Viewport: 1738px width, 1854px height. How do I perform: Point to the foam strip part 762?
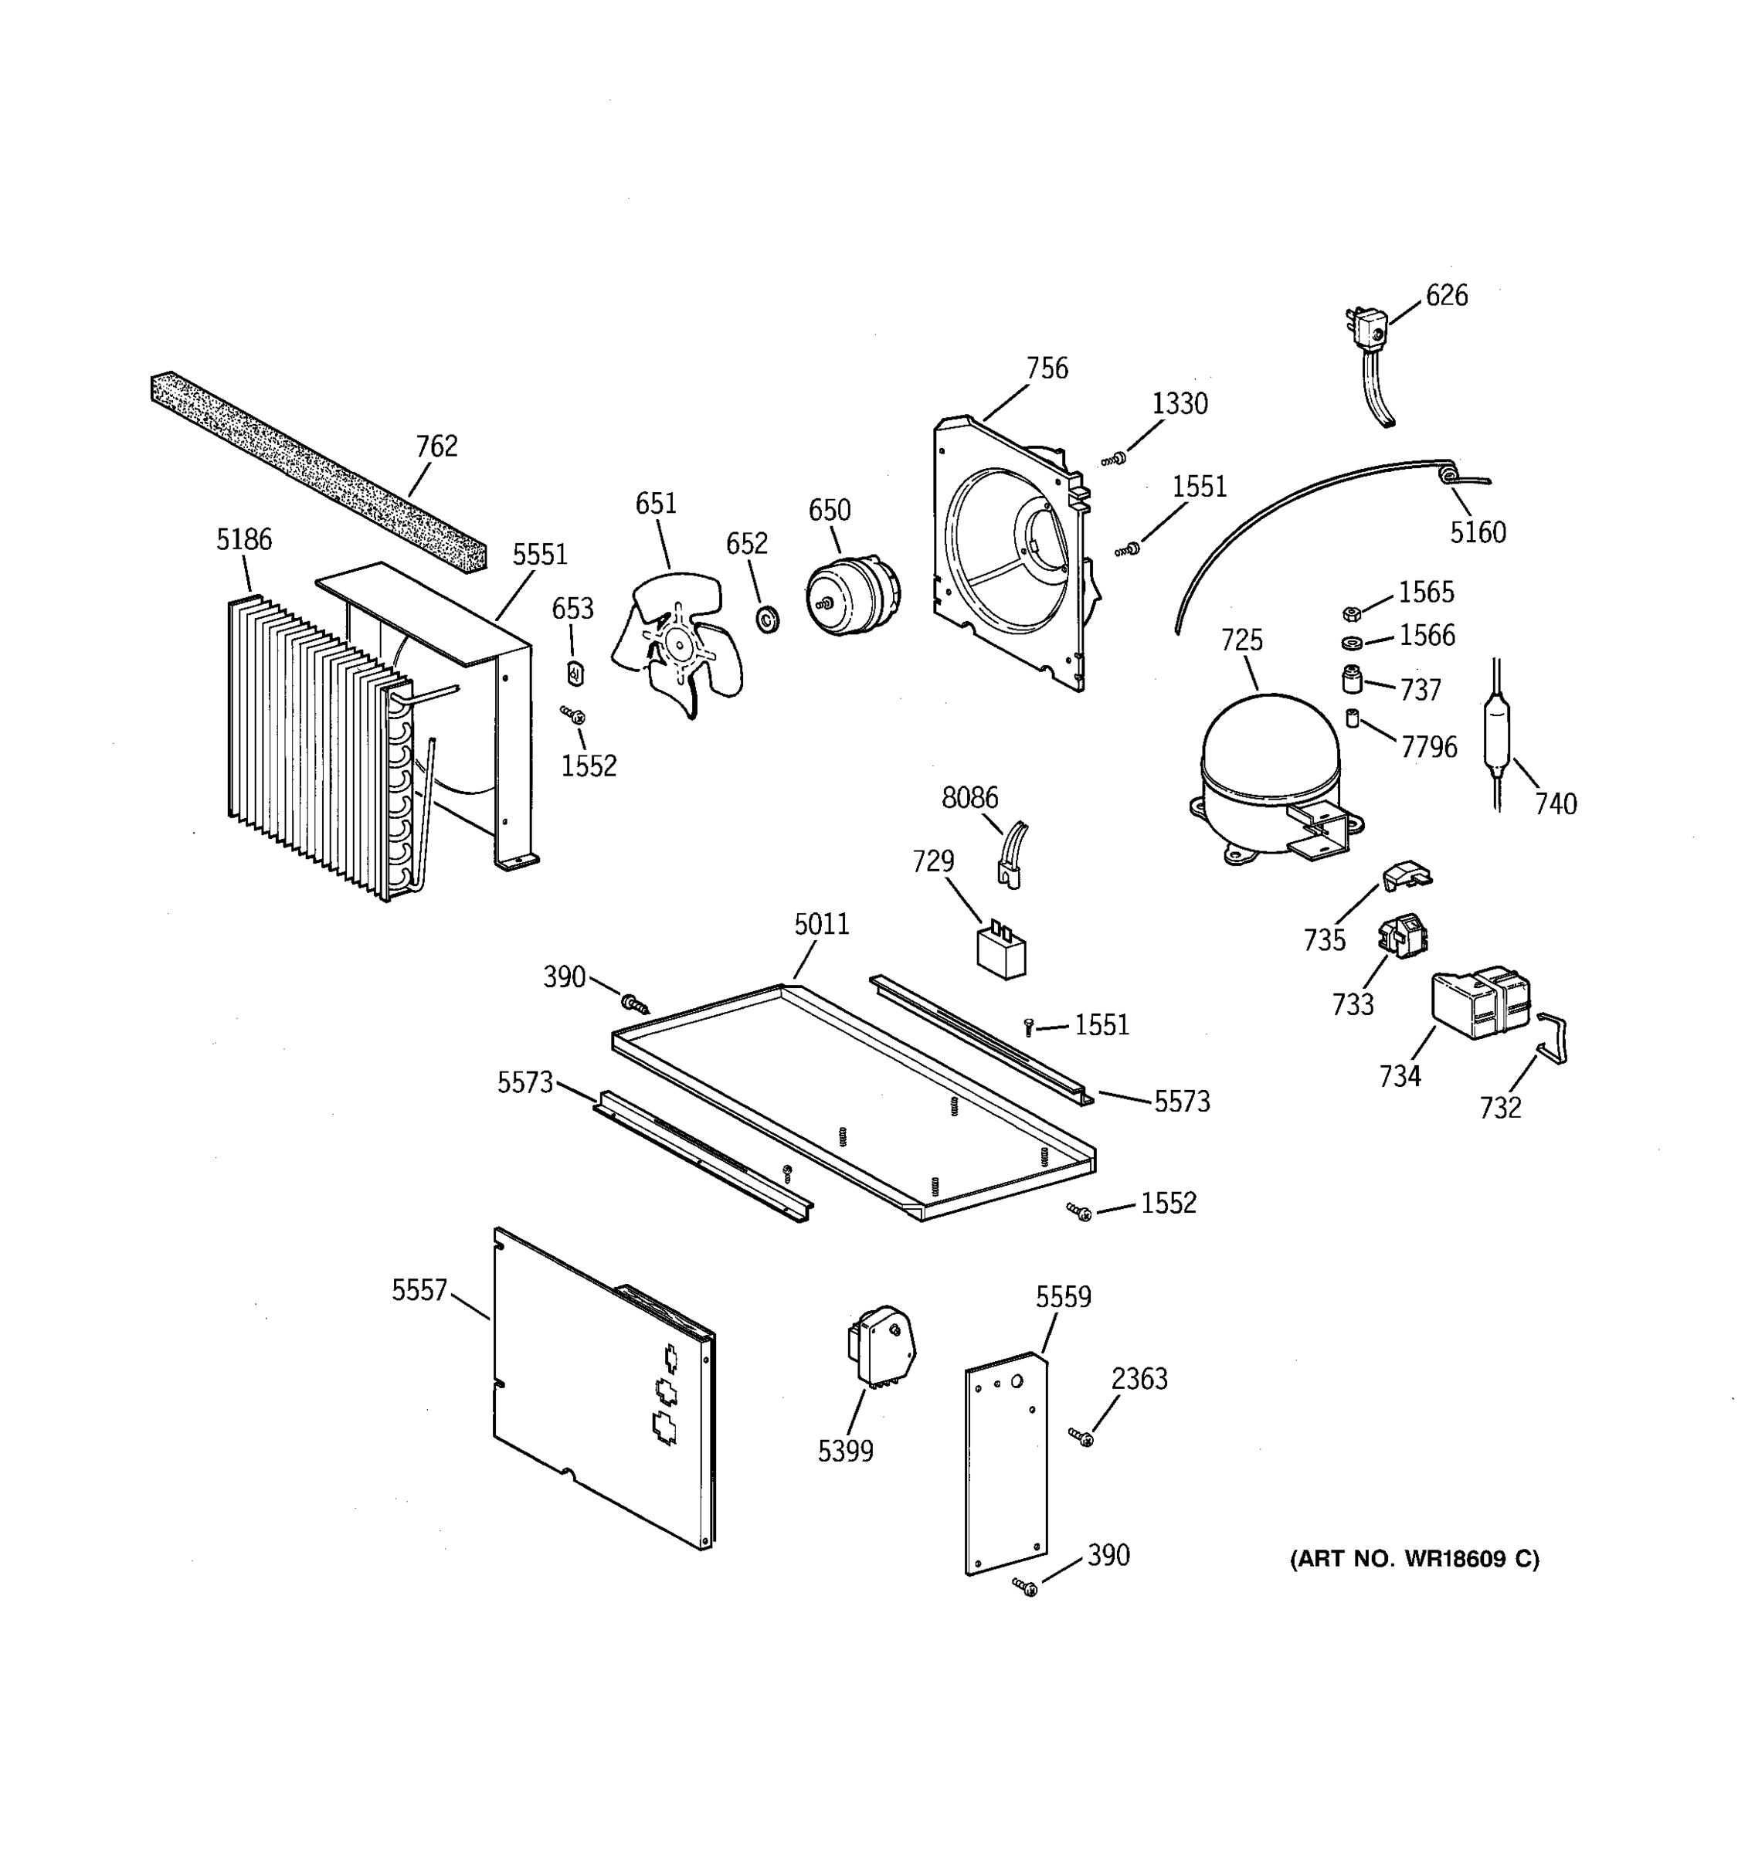pyautogui.click(x=317, y=472)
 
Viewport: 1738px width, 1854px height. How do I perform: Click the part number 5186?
pyautogui.click(x=244, y=539)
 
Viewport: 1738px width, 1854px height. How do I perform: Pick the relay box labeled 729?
pyautogui.click(x=1000, y=950)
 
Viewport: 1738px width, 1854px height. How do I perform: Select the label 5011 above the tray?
pyautogui.click(x=821, y=924)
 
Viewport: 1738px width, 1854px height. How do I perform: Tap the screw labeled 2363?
pyautogui.click(x=1082, y=1437)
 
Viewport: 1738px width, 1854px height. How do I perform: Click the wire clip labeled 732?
pyautogui.click(x=1553, y=1037)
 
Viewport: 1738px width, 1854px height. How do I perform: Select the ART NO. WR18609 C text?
pyautogui.click(x=1414, y=1558)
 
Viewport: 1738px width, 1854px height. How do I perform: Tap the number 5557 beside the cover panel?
pyautogui.click(x=419, y=1291)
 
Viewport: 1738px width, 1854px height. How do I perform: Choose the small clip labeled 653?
pyautogui.click(x=575, y=671)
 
